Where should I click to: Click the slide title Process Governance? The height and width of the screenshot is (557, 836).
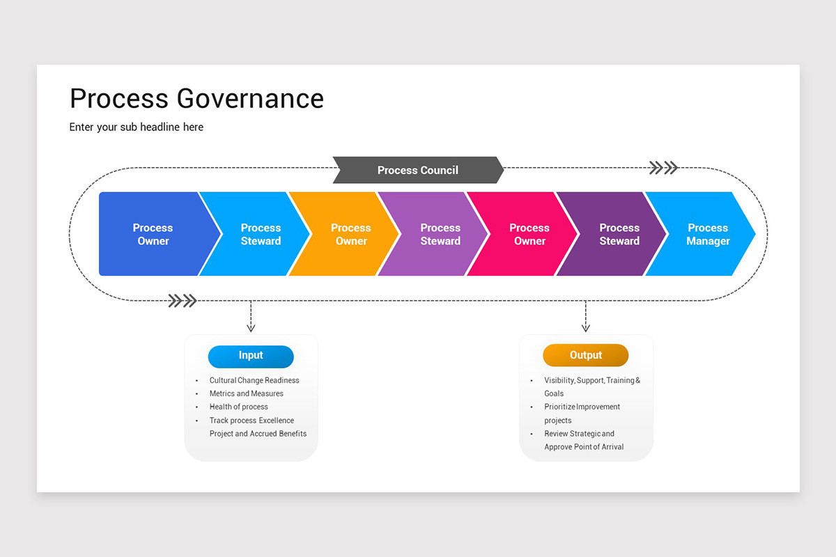pyautogui.click(x=196, y=99)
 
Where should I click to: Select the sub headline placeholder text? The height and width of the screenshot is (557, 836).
pyautogui.click(x=137, y=127)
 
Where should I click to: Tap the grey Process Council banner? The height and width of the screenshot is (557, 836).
pyautogui.click(x=417, y=170)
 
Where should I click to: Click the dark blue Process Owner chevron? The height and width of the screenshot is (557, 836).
pyautogui.click(x=153, y=234)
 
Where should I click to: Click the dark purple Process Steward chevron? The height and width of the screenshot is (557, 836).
pyautogui.click(x=619, y=234)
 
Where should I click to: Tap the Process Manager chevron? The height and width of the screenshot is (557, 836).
pyautogui.click(x=708, y=234)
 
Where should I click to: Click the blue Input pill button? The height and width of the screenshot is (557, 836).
pyautogui.click(x=251, y=356)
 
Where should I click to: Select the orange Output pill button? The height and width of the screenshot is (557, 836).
pyautogui.click(x=585, y=356)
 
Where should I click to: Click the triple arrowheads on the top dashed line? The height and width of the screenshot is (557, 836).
pyautogui.click(x=663, y=168)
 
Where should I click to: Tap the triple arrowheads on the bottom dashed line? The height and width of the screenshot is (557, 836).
pyautogui.click(x=183, y=301)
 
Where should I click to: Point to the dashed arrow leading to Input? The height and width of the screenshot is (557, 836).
pyautogui.click(x=251, y=317)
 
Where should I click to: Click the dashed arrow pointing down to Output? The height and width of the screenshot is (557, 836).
pyautogui.click(x=585, y=317)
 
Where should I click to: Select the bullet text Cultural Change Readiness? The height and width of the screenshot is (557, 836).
pyautogui.click(x=254, y=381)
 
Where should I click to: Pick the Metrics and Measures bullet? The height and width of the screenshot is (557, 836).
pyautogui.click(x=246, y=394)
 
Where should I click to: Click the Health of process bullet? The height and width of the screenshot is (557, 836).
pyautogui.click(x=238, y=407)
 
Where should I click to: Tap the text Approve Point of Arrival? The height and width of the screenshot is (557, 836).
pyautogui.click(x=584, y=447)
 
